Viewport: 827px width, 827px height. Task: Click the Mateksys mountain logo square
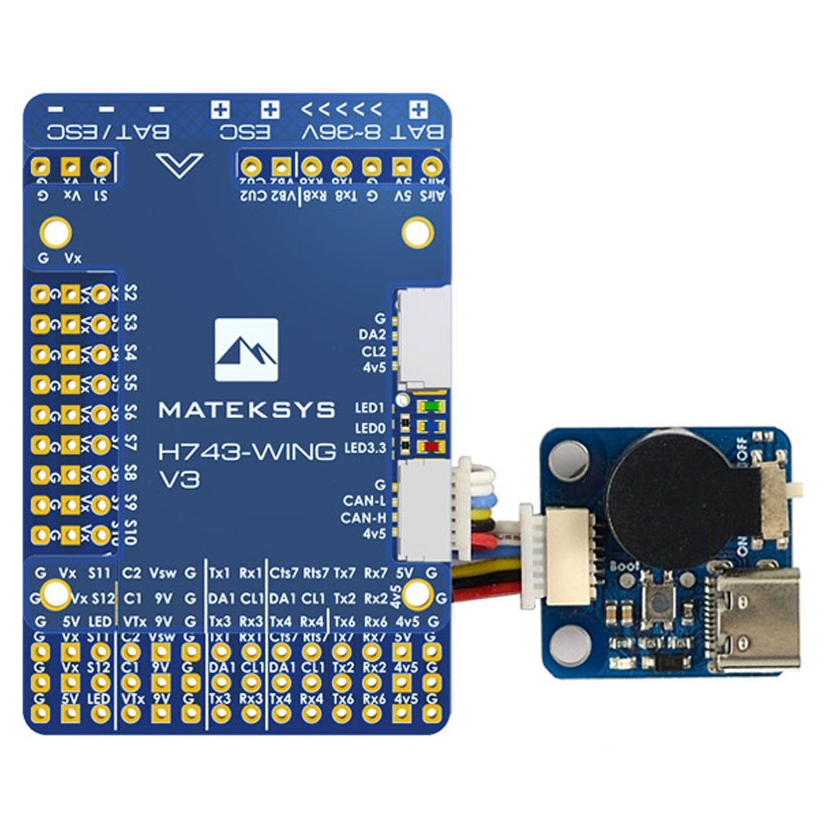pos(246,349)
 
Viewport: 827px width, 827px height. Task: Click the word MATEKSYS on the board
pos(247,411)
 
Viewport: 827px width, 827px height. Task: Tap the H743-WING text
pos(247,452)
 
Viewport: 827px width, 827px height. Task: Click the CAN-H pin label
pos(363,518)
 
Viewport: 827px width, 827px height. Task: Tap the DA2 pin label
pos(372,334)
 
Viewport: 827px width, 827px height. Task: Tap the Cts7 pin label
pos(283,573)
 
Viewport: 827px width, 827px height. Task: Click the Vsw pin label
pos(163,573)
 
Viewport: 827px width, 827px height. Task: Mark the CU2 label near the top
pos(252,196)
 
